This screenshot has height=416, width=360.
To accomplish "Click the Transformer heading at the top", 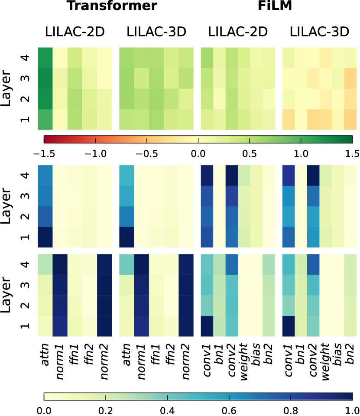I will tap(111, 7).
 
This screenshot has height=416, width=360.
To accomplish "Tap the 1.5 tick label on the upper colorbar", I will tap(352, 153).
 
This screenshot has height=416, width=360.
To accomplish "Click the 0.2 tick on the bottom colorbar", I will tap(106, 410).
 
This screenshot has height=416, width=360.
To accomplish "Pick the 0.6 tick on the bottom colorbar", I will tap(229, 410).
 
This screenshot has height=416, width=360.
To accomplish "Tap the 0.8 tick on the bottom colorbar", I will tap(291, 410).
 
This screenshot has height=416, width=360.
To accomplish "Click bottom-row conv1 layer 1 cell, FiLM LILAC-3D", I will tap(289, 326).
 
